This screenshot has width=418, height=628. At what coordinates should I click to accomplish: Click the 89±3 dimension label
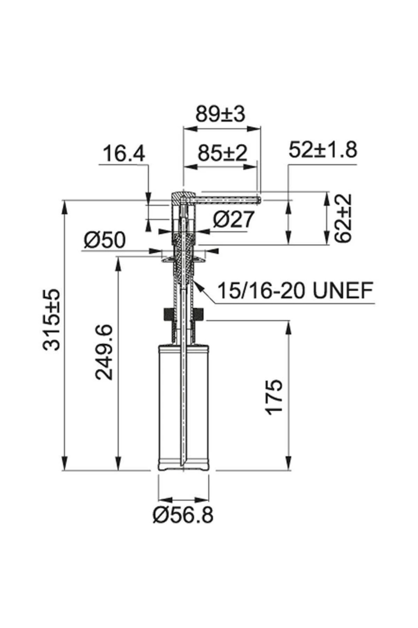coord(220,114)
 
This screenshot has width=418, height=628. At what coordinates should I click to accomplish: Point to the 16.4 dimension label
coord(124,154)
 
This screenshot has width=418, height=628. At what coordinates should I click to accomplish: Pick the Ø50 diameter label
coord(104,240)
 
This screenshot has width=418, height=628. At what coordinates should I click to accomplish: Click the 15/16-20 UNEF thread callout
coord(295,290)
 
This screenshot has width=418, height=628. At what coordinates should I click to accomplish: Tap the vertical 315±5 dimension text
coord(52,319)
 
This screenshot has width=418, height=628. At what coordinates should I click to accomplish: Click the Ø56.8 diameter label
coord(183,515)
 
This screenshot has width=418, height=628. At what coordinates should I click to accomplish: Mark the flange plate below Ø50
coord(183,259)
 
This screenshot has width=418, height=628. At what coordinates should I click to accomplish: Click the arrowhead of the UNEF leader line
coord(197,283)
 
